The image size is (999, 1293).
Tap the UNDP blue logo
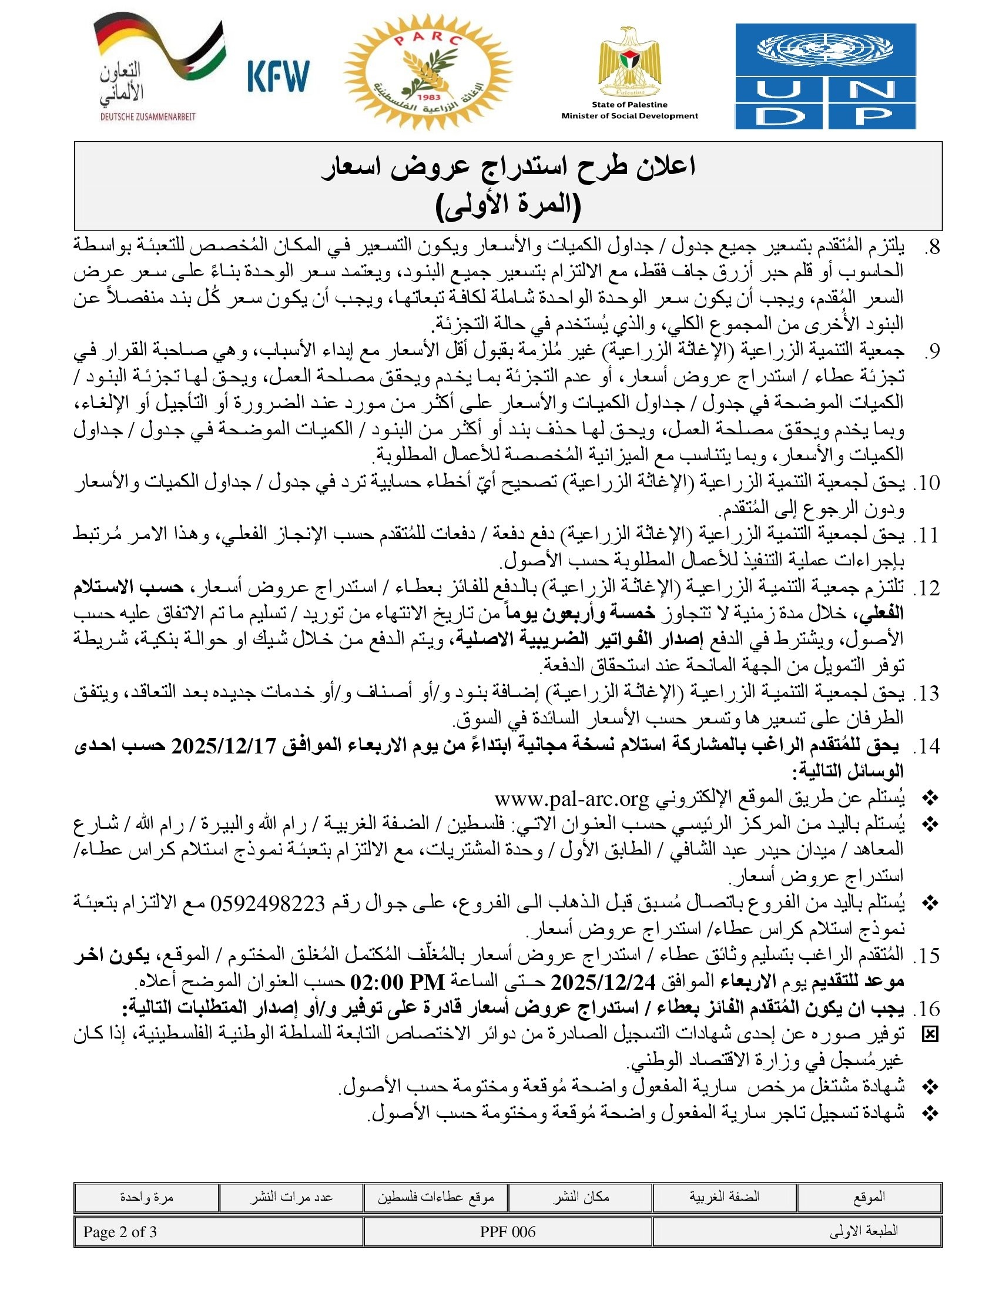click(x=825, y=76)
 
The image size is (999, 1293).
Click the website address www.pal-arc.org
click(x=572, y=799)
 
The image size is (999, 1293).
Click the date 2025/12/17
click(x=224, y=746)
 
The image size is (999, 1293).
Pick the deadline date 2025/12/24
click(x=603, y=983)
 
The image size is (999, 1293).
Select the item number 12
click(x=926, y=589)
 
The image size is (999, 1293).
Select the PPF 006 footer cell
click(x=508, y=1231)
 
